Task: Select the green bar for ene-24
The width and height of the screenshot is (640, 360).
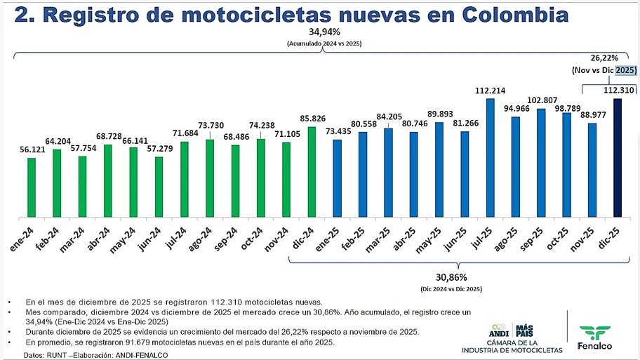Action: (x=32, y=187)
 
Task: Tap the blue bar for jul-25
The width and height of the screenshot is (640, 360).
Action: (x=490, y=158)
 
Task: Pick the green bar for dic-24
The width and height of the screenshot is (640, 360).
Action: (x=312, y=172)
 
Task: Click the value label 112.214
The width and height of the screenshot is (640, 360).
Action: (x=490, y=91)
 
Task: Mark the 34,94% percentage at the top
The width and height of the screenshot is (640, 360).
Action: (x=324, y=33)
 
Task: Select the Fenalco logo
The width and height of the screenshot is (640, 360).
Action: (x=595, y=337)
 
